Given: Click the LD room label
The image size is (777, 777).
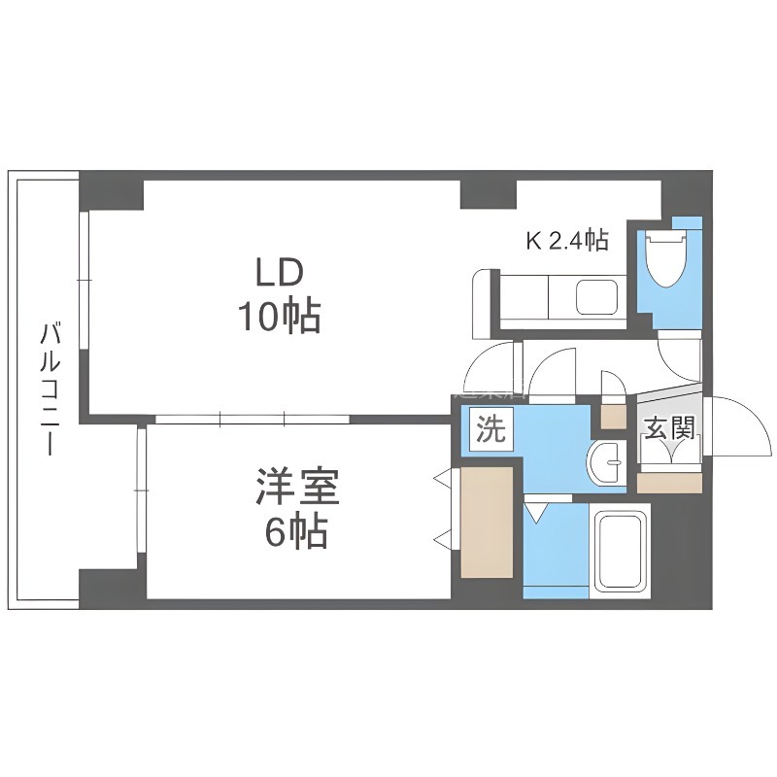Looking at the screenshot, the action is (x=279, y=273).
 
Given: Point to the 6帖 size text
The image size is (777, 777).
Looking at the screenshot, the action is (x=297, y=531).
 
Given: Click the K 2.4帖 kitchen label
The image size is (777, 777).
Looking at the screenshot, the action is (x=567, y=240).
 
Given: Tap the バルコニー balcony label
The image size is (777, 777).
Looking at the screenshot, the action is (x=51, y=389).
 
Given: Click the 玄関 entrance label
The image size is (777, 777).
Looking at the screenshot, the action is (x=669, y=427).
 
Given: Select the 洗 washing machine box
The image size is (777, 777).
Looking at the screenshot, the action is (x=491, y=429).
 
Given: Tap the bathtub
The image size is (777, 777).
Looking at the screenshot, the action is (x=621, y=551).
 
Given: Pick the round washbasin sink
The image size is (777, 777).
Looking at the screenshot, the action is (x=605, y=463).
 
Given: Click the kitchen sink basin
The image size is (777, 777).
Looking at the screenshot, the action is (x=596, y=297).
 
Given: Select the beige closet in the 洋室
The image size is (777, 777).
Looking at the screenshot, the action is (x=487, y=523).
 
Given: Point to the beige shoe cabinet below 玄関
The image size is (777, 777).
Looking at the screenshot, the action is (x=669, y=483).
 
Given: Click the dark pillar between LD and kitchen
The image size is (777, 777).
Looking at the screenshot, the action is (x=489, y=194).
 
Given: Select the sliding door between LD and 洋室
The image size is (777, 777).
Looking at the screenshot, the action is (x=253, y=420).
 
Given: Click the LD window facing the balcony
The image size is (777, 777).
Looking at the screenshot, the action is (x=84, y=281).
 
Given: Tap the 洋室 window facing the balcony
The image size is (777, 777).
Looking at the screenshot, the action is (x=142, y=490).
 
